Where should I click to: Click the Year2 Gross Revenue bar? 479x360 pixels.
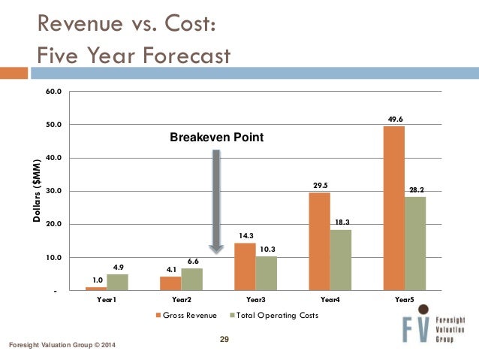170,283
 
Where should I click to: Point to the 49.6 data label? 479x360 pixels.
394,119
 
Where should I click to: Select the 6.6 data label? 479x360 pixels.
192,261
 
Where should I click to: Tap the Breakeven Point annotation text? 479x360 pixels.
216,138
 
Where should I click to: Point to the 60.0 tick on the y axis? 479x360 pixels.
54,92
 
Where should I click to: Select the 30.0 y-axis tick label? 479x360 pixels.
54,191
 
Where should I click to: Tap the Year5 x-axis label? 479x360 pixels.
405,299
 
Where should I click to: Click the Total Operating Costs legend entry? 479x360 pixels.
273,316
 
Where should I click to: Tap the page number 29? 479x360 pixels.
224,341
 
